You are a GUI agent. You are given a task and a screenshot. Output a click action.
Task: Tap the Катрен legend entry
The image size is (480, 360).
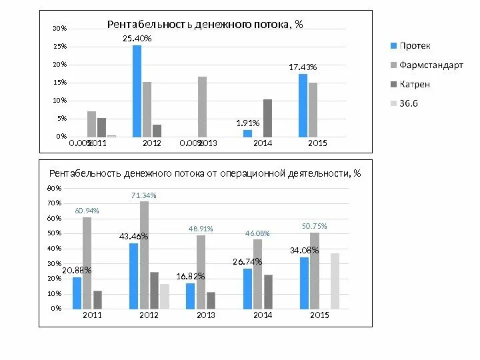click(x=414, y=84)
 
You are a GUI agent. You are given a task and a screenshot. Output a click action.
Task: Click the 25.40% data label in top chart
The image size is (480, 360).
click(x=137, y=39)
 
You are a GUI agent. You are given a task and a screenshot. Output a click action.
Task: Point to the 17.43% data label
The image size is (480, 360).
click(x=303, y=67)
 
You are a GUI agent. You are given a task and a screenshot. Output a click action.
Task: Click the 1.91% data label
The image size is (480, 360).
click(x=247, y=123)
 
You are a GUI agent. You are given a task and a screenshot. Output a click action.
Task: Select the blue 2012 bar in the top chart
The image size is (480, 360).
click(x=137, y=91)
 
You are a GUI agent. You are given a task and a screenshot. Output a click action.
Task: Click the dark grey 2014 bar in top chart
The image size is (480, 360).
click(x=267, y=118)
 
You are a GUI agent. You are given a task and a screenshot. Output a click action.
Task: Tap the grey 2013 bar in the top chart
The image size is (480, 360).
click(x=202, y=107)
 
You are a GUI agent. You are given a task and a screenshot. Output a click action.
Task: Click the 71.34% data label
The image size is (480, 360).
click(x=144, y=195)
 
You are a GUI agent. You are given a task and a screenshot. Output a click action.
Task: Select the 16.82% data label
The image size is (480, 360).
click(x=191, y=276)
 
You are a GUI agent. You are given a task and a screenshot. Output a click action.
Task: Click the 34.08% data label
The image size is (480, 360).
click(x=304, y=251)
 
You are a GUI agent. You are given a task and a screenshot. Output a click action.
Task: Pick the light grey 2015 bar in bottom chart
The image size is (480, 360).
click(x=335, y=281)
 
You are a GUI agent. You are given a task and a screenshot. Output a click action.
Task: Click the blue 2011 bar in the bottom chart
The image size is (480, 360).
click(x=77, y=293)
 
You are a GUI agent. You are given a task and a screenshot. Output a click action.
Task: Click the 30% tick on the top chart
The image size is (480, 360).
click(x=59, y=29)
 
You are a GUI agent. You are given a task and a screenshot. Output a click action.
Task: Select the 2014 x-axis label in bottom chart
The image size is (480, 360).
click(x=263, y=315)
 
